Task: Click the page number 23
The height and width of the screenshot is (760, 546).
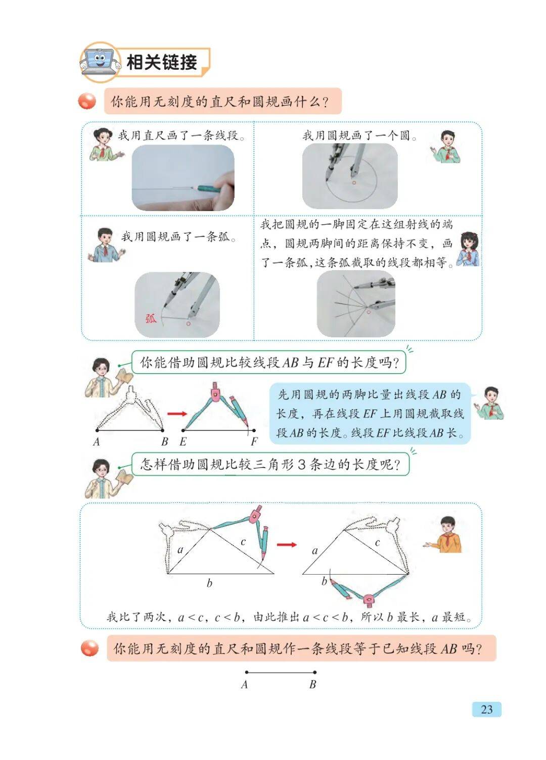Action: click(x=486, y=710)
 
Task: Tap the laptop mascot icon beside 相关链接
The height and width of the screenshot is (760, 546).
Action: click(x=100, y=62)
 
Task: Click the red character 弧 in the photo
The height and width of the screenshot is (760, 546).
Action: click(x=151, y=319)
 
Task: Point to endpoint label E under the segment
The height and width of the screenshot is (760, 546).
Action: click(x=183, y=441)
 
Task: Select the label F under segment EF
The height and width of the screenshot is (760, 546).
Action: click(x=254, y=441)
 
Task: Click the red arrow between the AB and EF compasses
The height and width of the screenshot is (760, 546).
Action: click(x=177, y=413)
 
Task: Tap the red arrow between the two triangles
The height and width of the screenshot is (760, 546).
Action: click(x=287, y=544)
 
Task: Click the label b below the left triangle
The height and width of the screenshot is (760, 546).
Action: click(x=209, y=583)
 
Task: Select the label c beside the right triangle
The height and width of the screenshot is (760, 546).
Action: click(x=377, y=543)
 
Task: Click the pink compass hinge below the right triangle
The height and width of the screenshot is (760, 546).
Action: click(x=368, y=599)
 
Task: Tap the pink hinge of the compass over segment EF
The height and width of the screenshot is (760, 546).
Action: click(x=215, y=392)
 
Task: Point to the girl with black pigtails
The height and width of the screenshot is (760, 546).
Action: click(x=468, y=249)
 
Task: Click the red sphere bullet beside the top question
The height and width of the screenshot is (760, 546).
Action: click(x=87, y=101)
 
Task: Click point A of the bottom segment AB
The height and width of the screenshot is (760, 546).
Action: click(x=246, y=672)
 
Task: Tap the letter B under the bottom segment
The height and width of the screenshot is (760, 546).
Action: click(x=312, y=684)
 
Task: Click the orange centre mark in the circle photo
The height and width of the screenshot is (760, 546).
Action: click(x=354, y=182)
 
